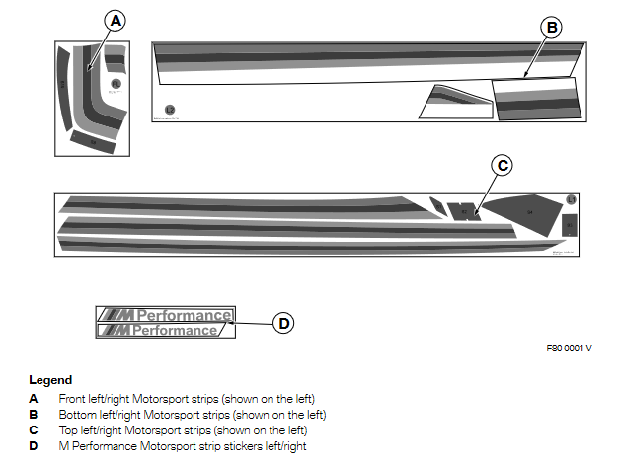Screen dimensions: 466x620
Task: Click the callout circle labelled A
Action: pos(116,20)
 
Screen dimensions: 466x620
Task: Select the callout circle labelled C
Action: pos(503,166)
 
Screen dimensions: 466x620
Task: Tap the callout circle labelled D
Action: pos(283,322)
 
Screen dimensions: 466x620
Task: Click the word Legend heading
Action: pos(50,380)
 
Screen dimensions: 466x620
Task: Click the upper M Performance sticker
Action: pos(164,315)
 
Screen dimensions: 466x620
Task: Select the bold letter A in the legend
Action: pos(34,399)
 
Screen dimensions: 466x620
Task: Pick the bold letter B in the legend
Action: pos(34,415)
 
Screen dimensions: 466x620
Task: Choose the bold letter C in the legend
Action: pos(34,430)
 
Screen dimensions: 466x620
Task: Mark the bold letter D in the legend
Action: pos(34,446)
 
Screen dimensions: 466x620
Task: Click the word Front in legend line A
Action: pos(73,399)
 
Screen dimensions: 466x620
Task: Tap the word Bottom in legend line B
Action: pos(77,415)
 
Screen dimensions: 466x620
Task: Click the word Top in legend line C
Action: pos(68,430)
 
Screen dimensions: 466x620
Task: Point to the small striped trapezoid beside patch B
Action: pos(454,102)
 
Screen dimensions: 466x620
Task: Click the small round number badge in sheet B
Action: pos(170,110)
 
